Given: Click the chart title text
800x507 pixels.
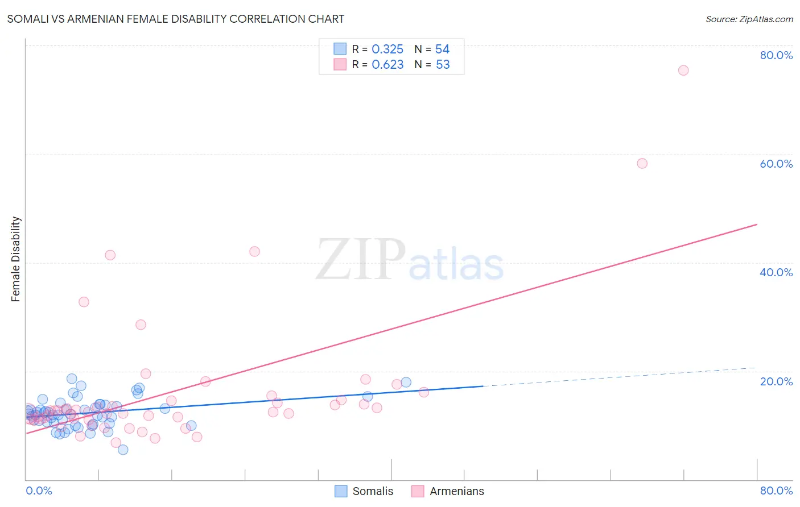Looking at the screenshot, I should (175, 19).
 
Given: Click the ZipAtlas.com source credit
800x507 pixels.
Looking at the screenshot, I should (749, 19).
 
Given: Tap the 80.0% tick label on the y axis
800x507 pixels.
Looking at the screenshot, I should (776, 55).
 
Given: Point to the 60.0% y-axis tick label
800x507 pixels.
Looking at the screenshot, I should (776, 164).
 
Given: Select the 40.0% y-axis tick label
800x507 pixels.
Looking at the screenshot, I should (776, 272).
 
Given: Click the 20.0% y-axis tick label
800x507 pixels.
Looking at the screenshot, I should (776, 381).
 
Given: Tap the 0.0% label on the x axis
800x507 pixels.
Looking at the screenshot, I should (39, 491).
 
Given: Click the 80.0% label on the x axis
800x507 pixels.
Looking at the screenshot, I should (776, 491).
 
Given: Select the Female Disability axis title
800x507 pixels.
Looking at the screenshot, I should (16, 259).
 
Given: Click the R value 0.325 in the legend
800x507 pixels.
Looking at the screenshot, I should (387, 49).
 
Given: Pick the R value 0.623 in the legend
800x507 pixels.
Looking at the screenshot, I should (387, 65).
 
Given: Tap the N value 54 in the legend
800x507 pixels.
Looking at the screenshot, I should (442, 49).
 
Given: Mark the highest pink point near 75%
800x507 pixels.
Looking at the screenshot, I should (683, 70).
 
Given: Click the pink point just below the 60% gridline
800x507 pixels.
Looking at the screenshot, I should (642, 163).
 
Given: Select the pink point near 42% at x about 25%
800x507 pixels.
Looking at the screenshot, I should (254, 251).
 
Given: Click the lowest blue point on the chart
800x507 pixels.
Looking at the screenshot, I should (123, 450).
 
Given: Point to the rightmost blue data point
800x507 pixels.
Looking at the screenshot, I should (406, 382).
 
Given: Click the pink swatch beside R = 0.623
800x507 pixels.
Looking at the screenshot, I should (340, 64).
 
